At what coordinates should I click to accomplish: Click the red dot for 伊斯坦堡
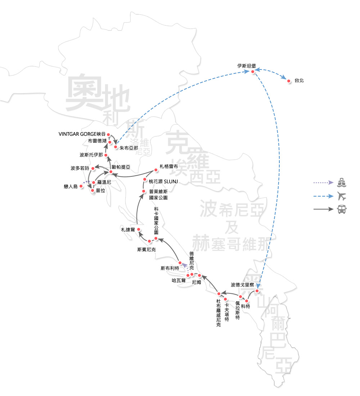pos(253,72)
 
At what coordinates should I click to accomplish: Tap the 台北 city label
pos(299,81)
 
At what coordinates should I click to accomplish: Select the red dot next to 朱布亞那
pos(116,147)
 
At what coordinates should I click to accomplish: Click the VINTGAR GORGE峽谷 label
pos(82,134)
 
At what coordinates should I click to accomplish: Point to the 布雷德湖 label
pos(97,141)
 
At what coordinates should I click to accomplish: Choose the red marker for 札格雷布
pos(156,168)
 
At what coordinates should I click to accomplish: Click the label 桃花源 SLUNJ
pos(161,180)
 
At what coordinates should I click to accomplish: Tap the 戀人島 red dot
pos(81,186)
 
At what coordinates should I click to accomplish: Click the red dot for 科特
pos(247,301)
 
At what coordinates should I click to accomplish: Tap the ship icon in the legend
pos(342,183)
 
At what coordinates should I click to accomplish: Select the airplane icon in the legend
pos(342,196)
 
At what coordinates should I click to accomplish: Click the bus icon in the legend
pos(342,209)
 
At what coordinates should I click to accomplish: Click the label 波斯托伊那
pos(91,155)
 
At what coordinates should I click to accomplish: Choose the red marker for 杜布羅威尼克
pos(219,294)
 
